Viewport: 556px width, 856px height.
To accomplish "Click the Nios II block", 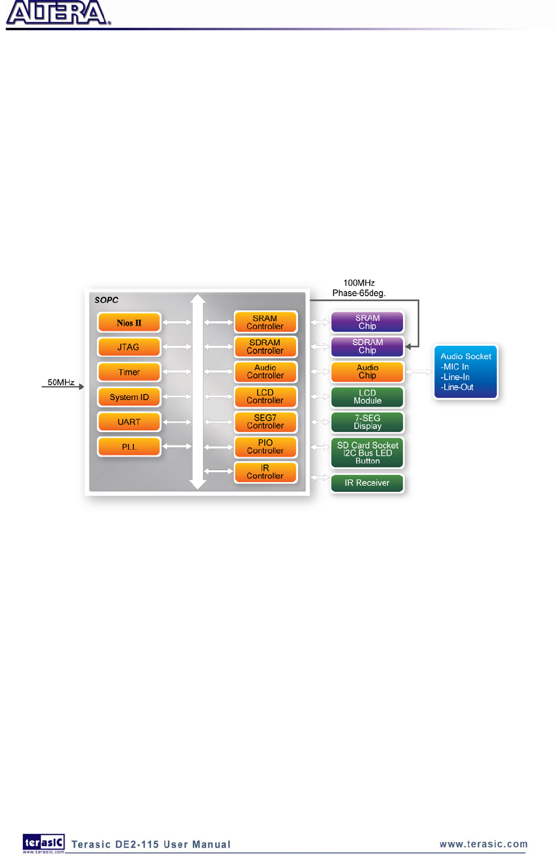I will point(129,322).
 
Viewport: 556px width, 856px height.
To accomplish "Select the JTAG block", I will point(129,347).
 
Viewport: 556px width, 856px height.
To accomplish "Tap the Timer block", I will point(129,372).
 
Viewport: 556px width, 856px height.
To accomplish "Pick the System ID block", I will point(129,397).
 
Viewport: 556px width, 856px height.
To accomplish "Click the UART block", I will point(129,422).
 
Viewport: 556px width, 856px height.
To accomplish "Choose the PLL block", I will point(129,447).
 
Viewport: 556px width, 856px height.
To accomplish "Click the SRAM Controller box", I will point(265,322).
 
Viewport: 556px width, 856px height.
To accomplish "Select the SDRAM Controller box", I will point(265,347).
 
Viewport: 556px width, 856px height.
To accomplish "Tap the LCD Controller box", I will point(265,397).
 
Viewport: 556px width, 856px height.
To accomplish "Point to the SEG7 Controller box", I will point(265,422).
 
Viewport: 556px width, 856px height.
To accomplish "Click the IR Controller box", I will point(265,472).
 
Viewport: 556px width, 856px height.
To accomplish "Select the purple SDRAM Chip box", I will point(367,346).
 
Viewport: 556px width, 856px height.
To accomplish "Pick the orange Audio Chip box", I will point(367,372).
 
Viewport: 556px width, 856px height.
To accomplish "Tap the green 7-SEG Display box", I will point(367,422).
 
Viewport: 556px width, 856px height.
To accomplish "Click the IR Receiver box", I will point(367,483).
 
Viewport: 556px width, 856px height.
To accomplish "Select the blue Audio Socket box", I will point(466,372).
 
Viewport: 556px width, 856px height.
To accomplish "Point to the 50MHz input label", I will point(61,382).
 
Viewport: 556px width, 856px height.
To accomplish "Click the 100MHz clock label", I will point(359,283).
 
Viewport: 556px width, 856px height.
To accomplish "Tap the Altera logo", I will point(58,13).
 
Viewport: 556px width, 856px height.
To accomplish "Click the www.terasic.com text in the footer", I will point(484,844).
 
